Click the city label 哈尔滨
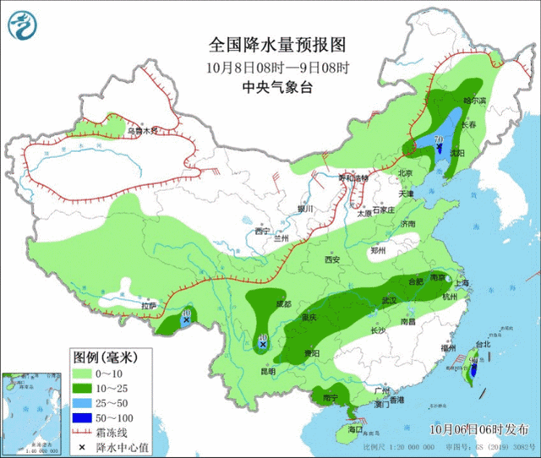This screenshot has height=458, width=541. (x=475, y=101)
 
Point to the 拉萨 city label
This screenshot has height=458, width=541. (x=149, y=304)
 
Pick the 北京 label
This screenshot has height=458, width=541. (x=405, y=173)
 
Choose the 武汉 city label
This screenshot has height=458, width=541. (x=389, y=299)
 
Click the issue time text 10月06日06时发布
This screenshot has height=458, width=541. (x=480, y=429)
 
